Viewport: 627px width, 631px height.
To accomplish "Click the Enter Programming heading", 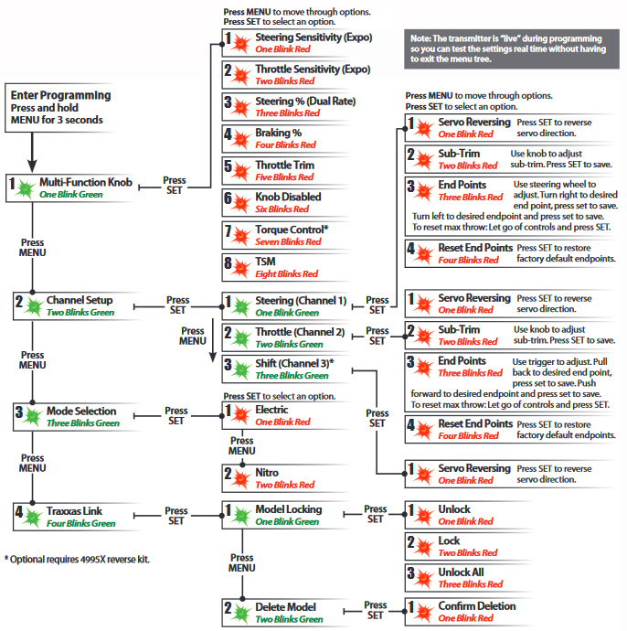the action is [60, 95].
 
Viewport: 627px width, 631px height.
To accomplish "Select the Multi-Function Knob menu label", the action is [86, 182].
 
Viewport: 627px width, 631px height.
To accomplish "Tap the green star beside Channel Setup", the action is [34, 307].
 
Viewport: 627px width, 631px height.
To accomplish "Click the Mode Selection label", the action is [81, 411].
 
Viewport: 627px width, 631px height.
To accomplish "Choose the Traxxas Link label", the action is [74, 511].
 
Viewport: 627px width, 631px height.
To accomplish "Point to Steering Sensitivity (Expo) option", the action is [313, 37].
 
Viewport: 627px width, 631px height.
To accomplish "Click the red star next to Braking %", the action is [241, 139].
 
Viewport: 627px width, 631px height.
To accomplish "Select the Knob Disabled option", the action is [288, 197].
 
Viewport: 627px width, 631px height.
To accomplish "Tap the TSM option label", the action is [265, 262].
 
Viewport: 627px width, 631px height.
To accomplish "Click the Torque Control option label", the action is [292, 230].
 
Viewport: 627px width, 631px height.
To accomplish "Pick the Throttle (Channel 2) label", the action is [300, 332].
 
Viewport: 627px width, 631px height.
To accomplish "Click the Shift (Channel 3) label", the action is [294, 363].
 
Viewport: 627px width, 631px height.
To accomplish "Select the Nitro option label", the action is [267, 473].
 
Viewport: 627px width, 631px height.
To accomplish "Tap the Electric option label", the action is [271, 410].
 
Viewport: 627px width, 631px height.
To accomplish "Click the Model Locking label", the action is [288, 509].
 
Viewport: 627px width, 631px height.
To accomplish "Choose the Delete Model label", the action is [285, 607].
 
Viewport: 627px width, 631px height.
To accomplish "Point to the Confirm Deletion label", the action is [477, 606].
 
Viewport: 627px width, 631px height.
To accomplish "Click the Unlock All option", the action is [461, 572].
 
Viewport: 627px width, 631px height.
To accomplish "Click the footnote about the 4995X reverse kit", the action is [77, 560].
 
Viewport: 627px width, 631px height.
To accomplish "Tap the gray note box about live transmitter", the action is [512, 48].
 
